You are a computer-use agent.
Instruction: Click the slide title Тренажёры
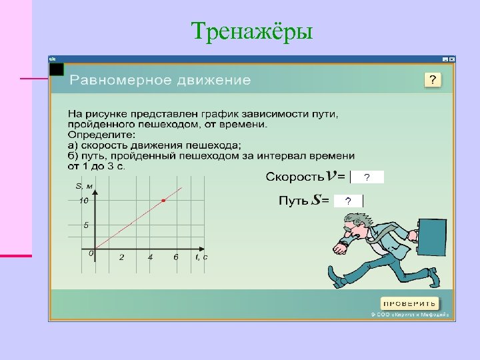(x=251, y=30)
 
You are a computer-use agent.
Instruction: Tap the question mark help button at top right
(x=433, y=80)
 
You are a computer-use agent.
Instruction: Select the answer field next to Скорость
(x=367, y=177)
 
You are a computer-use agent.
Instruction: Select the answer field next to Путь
(x=347, y=201)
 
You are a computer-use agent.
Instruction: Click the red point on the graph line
(x=163, y=200)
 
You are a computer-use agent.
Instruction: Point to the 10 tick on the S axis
(x=85, y=200)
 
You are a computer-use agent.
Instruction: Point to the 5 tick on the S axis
(x=86, y=225)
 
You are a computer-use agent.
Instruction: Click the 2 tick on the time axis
(x=121, y=257)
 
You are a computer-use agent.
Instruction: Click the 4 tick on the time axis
(x=150, y=257)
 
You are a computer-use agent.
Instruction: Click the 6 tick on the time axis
(x=176, y=257)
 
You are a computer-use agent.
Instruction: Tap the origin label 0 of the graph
(x=91, y=253)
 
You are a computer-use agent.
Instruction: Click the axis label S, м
(x=84, y=186)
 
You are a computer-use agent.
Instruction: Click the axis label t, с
(x=201, y=257)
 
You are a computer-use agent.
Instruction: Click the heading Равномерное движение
(x=160, y=81)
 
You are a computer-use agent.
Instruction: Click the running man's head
(x=357, y=225)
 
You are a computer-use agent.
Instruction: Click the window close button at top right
(x=451, y=59)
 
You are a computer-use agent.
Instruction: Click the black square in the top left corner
(x=57, y=69)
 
